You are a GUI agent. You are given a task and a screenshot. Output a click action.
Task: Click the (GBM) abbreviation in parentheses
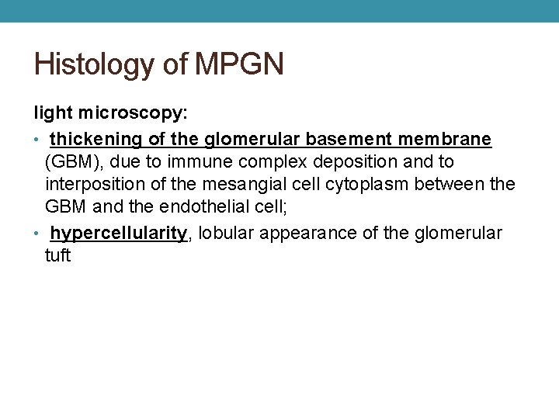tap(71, 162)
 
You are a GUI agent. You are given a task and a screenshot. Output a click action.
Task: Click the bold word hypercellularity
tap(119, 234)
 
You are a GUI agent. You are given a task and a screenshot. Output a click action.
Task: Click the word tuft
tap(57, 256)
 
